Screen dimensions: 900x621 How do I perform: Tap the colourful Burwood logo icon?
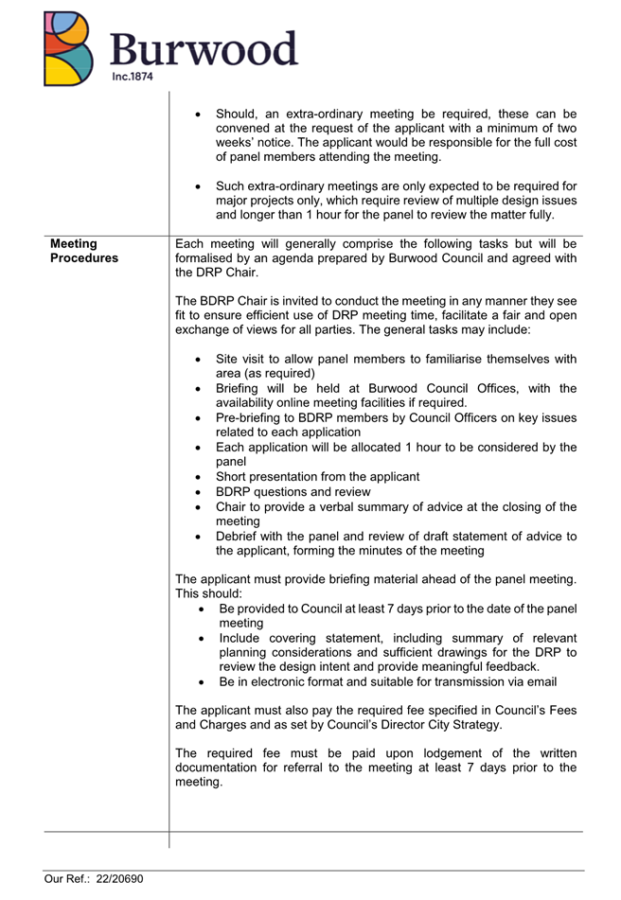pyautogui.click(x=69, y=48)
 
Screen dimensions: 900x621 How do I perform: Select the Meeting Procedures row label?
pyautogui.click(x=84, y=250)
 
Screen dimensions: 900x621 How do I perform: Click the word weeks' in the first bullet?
pyautogui.click(x=239, y=142)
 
